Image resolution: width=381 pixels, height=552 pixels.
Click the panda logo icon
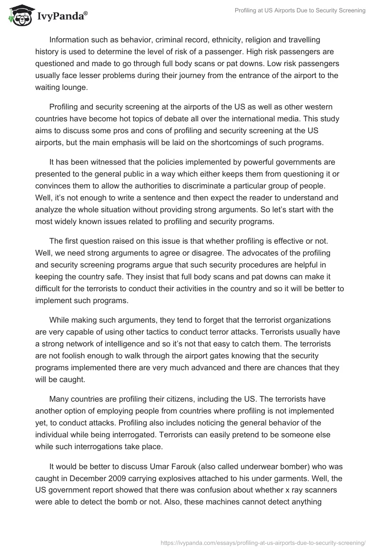coord(18,15)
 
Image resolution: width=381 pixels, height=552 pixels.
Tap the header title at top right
coord(300,10)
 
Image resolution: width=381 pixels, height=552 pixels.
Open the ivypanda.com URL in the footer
coord(263,542)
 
